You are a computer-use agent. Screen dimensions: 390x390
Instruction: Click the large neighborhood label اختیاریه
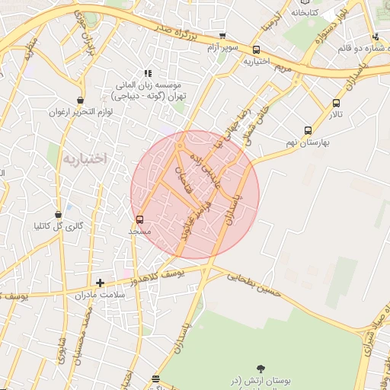click(x=84, y=158)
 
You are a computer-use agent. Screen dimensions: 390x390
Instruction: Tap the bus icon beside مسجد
click(x=139, y=219)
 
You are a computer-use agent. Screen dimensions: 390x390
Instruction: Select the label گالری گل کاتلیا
click(x=58, y=225)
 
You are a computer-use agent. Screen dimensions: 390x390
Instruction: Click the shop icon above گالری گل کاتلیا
click(x=58, y=214)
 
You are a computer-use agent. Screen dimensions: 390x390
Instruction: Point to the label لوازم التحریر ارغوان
click(x=81, y=112)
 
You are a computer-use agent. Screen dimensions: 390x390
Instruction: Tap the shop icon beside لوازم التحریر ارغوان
click(x=81, y=101)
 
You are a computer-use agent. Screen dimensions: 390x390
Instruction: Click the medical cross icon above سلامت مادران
click(x=100, y=283)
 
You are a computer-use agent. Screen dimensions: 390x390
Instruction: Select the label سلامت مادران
click(x=100, y=294)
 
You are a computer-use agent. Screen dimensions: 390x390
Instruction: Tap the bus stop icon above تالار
click(x=336, y=104)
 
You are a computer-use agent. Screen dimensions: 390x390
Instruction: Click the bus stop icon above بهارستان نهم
click(x=308, y=130)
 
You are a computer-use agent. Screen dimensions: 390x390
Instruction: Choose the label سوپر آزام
click(x=223, y=47)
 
